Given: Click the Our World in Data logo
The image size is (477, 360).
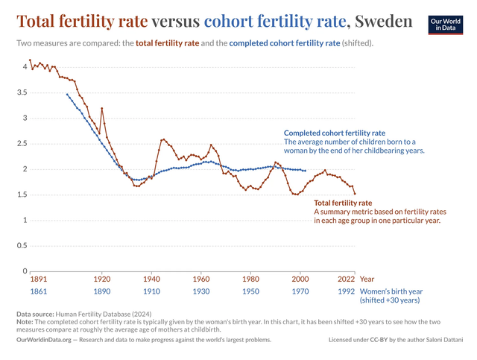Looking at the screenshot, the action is tap(446, 25).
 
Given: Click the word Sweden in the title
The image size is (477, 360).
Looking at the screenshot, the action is tap(383, 22).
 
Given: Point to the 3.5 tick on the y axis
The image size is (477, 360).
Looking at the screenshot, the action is tap(22, 92).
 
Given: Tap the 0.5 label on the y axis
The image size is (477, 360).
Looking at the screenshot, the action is tap(22, 245).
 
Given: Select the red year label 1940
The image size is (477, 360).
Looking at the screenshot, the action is tap(151, 279).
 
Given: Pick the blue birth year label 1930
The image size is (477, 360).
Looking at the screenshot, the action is tap(201, 291).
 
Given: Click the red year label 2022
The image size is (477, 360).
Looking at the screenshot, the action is tap(346, 279).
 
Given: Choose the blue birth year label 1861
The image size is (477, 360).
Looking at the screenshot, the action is tap(39, 291).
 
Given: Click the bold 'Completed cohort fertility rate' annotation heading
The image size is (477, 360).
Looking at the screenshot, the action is tap(335, 133).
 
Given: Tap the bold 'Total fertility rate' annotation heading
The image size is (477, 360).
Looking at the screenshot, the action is tap(343, 203).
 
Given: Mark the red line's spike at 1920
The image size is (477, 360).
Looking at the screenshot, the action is tap(102, 108).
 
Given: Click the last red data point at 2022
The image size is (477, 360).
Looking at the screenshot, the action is tap(355, 194).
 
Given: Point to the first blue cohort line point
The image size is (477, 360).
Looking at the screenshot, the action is tap(67, 95).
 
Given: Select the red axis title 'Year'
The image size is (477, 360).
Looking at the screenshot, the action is tap(367, 279).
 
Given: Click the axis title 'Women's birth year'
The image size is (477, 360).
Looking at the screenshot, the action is tap(391, 291).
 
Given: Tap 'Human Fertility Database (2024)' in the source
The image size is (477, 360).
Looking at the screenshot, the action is tap(104, 314).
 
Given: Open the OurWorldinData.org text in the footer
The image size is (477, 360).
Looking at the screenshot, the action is tap(44, 340).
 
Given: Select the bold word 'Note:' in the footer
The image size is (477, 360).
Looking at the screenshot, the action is tap(25, 322).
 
